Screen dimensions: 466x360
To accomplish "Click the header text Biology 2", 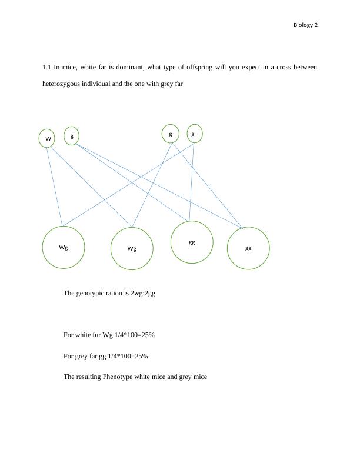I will click(305, 25).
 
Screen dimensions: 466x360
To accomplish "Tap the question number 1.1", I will click(46, 68).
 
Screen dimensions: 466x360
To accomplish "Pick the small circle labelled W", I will click(47, 139).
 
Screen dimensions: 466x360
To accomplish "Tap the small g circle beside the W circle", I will click(71, 136).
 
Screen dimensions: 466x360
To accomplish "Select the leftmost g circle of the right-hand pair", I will click(171, 134).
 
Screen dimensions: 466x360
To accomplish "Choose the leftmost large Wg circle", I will click(64, 247).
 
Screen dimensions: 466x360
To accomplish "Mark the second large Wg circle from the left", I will click(132, 248).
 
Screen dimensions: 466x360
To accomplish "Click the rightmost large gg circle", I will click(248, 248).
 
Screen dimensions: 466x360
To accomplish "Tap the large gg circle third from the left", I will click(192, 242).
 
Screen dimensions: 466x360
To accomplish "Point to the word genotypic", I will click(93, 293).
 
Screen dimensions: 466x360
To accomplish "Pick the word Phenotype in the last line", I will click(118, 377).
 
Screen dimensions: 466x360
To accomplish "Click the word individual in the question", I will click(102, 84).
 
